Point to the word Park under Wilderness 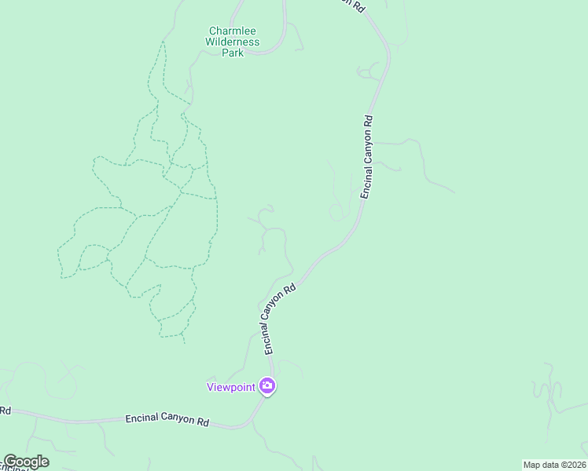(232, 53)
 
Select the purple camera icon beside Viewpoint (267, 385)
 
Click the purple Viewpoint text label (231, 386)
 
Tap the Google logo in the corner (26, 462)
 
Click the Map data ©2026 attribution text (554, 465)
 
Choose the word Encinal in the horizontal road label (142, 418)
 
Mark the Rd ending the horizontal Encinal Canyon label (203, 422)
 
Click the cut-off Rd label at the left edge (5, 411)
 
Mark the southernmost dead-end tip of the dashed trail (184, 342)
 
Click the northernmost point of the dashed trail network (164, 42)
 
